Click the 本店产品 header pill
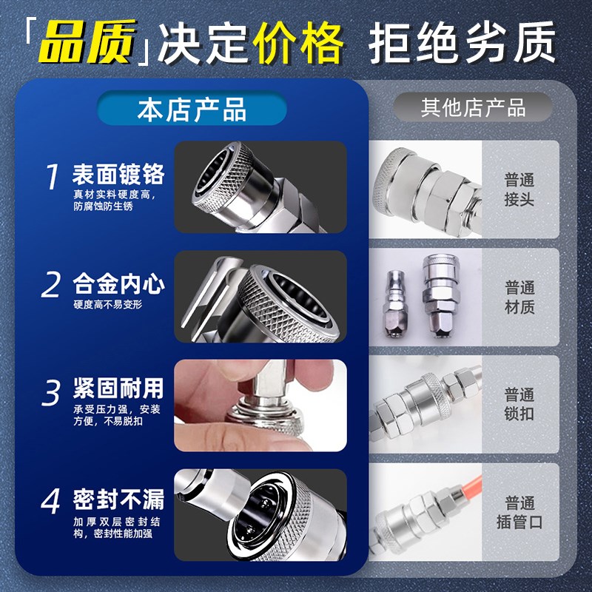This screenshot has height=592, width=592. pos(192,110)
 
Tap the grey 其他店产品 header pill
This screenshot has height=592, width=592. pos(473,108)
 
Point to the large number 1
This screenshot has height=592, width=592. pos(51,178)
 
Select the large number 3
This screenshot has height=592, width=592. pos(51,393)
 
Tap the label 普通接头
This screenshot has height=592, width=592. pos(519,189)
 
